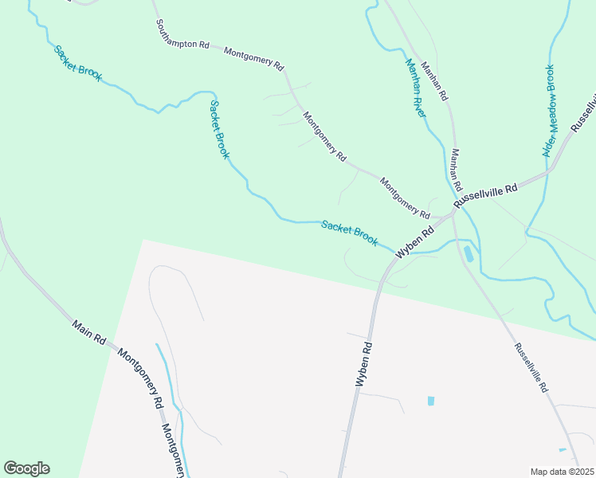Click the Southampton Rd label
[182, 34]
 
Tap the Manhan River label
[415, 88]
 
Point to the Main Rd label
[89, 333]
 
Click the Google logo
[26, 468]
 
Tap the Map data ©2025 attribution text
[562, 472]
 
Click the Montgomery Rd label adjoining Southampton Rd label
[254, 60]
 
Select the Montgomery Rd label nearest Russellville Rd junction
[405, 198]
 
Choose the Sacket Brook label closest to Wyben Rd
[349, 233]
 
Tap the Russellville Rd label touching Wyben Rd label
[485, 196]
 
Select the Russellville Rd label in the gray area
[531, 366]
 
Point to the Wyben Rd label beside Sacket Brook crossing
[415, 239]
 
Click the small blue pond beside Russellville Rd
[468, 254]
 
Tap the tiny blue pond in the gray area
[431, 401]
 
